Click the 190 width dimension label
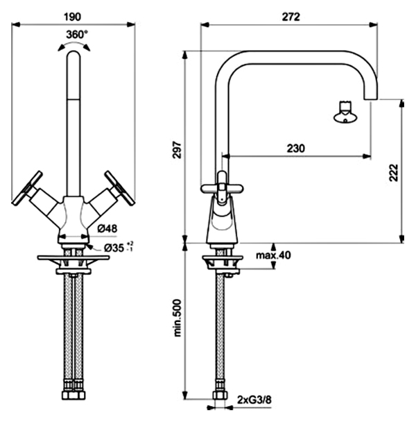[72, 17]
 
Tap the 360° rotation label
[77, 35]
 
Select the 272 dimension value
[291, 17]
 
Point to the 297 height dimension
[177, 150]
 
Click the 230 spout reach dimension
[296, 149]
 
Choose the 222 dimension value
[394, 173]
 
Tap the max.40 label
[273, 255]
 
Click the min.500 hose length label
[177, 318]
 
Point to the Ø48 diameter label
[107, 228]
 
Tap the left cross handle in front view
[27, 188]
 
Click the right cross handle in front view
[120, 188]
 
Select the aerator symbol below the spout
[345, 113]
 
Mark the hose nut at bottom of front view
[73, 395]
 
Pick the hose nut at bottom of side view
[220, 395]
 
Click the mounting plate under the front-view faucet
[73, 258]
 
